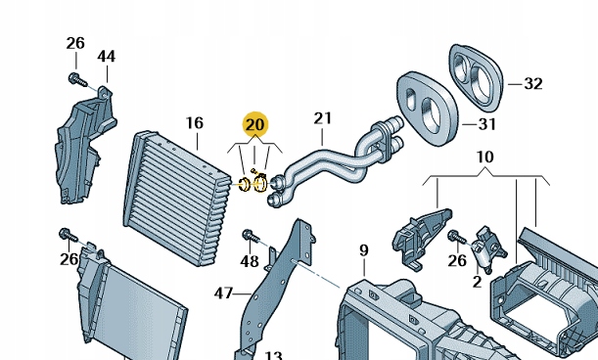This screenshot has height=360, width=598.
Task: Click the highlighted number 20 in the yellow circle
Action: (255, 124)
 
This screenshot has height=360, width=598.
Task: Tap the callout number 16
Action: (195, 123)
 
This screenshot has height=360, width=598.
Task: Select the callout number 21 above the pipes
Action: (323, 118)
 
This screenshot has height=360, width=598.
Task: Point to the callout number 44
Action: (106, 57)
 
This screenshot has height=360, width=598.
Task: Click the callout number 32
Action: (533, 83)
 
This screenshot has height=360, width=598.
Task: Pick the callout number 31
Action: (487, 124)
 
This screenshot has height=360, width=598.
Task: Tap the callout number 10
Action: (485, 157)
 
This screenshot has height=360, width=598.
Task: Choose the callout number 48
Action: (250, 261)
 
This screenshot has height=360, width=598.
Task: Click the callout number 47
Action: (223, 293)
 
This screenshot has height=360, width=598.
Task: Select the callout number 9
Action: (364, 250)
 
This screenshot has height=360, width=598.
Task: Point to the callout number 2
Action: (477, 282)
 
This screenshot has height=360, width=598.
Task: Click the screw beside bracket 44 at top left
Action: (77, 80)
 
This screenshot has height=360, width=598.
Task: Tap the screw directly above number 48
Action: (251, 236)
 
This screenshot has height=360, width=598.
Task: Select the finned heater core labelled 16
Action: (177, 199)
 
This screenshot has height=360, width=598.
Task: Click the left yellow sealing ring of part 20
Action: (244, 185)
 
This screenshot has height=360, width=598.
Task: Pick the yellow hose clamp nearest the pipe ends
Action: (260, 182)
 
